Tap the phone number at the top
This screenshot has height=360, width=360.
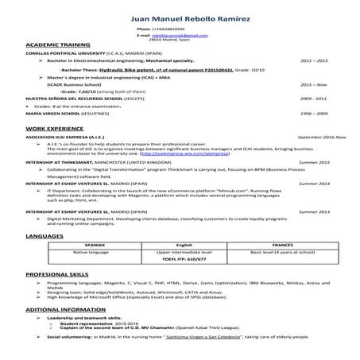(x=177, y=29)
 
